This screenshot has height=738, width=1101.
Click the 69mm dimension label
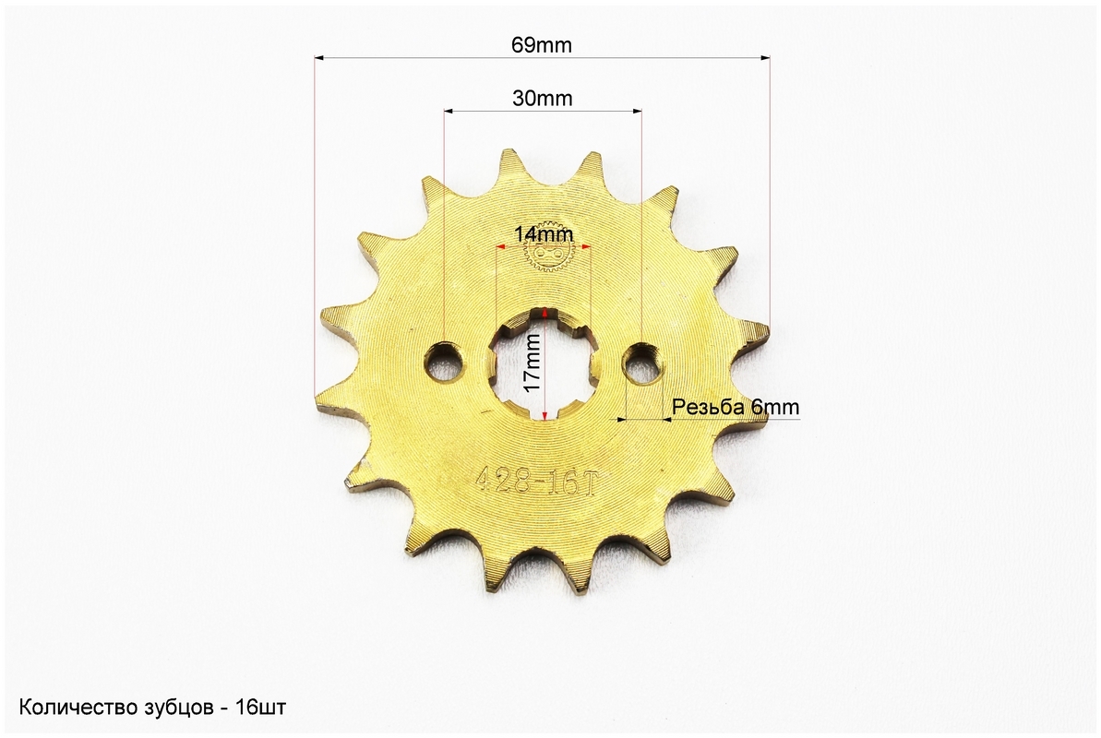pos(542,45)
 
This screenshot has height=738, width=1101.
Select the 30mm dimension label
pos(542,99)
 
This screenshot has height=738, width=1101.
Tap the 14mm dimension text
pos(544,233)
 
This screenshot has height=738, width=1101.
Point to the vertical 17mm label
pos(533,363)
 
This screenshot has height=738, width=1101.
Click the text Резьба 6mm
pos(736,407)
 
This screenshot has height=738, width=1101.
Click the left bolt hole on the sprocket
pos(443,363)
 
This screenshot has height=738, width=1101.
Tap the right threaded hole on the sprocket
pos(642,364)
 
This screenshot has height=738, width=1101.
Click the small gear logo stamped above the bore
pos(545,255)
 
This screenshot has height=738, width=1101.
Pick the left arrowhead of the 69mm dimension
pos(319,59)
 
